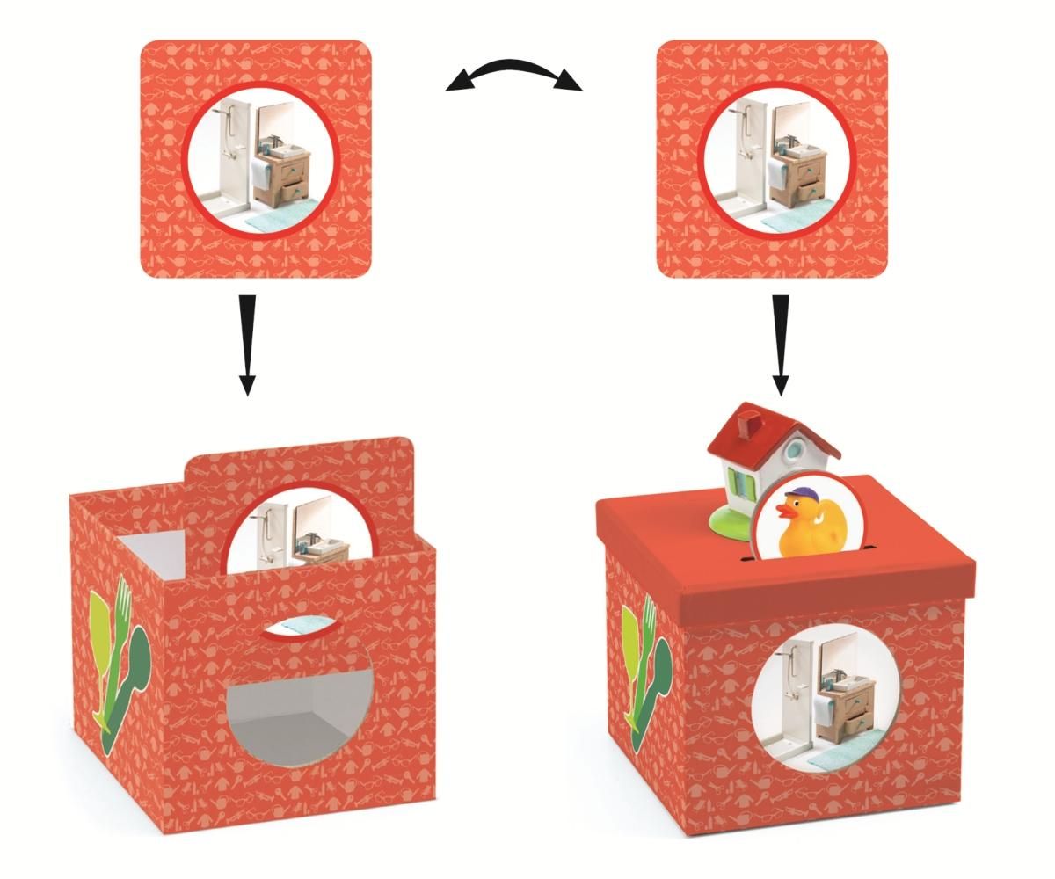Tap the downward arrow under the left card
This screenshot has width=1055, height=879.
[x=247, y=343]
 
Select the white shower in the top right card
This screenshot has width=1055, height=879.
[x=740, y=158]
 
